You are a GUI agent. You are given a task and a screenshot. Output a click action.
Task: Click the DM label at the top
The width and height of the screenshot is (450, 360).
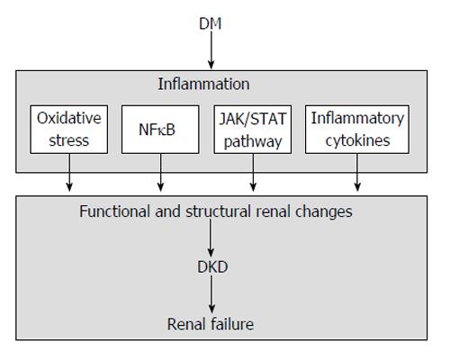point(211,23)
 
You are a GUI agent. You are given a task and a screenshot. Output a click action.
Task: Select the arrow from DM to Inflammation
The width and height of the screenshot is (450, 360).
point(211,50)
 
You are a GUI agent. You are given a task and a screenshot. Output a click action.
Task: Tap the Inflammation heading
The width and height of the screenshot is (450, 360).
point(203,84)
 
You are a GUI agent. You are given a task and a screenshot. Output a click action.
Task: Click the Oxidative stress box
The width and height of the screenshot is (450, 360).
point(69,130)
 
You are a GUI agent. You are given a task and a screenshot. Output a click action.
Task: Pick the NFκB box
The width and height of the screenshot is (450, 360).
point(160,130)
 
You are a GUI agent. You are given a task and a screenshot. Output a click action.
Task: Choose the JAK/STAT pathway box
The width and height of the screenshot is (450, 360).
point(253,130)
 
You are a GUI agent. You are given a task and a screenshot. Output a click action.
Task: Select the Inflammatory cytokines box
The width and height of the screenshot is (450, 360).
point(357,130)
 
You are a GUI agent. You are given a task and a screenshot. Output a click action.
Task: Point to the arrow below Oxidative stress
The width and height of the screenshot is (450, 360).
point(69,173)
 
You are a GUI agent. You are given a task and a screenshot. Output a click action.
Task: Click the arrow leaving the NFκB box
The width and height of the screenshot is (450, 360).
point(160,173)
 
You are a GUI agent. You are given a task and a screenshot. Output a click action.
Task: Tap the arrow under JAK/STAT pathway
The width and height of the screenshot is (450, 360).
point(253,173)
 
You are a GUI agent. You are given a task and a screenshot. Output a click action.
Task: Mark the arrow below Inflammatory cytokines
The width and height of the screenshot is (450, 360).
point(357,173)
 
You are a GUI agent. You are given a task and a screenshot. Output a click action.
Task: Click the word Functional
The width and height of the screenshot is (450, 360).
point(115,211)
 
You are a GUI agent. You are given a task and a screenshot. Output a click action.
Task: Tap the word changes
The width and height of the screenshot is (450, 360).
point(324,211)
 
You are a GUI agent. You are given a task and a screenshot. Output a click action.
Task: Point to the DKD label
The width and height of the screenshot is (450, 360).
point(212,267)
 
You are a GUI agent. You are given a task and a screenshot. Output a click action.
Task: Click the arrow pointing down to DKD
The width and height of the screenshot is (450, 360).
point(211,238)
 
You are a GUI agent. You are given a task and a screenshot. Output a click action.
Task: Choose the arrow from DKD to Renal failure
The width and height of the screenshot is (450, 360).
point(211,294)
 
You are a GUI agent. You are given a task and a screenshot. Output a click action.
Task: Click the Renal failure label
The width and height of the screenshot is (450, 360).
point(211,324)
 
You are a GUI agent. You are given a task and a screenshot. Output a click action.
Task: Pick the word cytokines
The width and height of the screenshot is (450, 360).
point(357,140)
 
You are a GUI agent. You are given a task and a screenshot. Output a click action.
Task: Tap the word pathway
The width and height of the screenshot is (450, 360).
point(253,141)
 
